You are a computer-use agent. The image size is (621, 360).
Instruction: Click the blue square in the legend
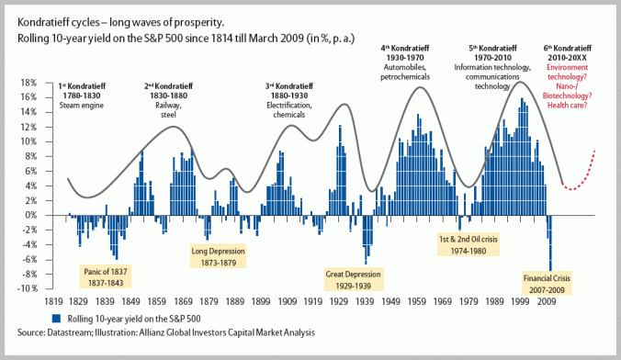coord(84,319)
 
